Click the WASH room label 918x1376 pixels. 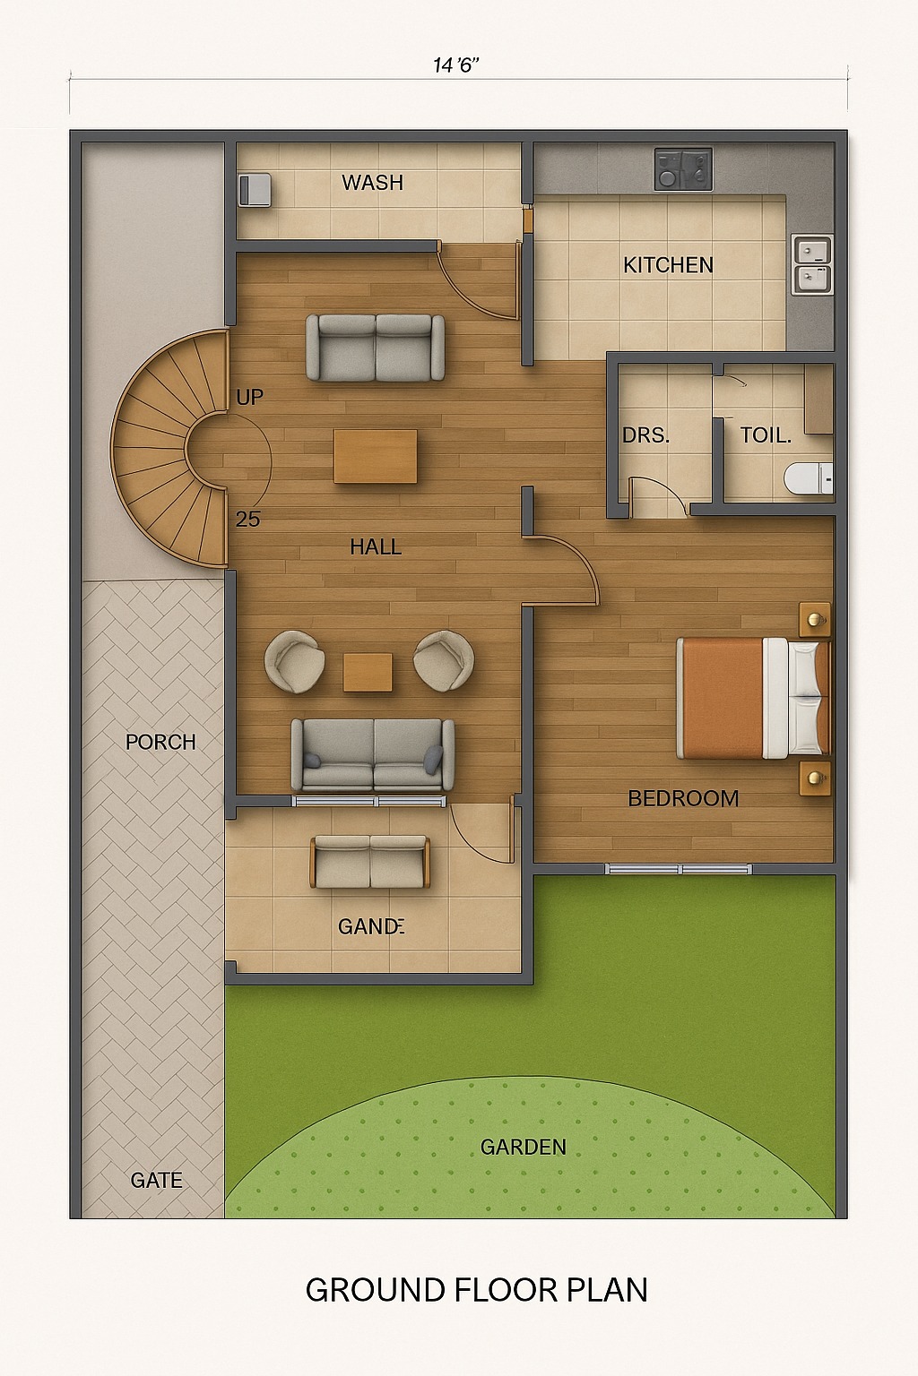[x=372, y=183]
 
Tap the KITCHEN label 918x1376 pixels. [x=668, y=265]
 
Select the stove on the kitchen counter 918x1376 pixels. [x=683, y=169]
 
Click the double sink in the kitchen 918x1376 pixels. [x=812, y=264]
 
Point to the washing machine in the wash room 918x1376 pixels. [x=255, y=191]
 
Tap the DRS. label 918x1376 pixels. [x=645, y=436]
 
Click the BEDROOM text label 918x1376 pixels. [x=683, y=798]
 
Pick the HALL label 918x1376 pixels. [x=376, y=546]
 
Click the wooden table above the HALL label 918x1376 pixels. [x=376, y=456]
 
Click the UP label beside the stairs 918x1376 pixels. [x=249, y=397]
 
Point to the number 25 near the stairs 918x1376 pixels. [x=248, y=519]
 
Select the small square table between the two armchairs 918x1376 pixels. [x=368, y=672]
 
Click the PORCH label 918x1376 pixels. [x=160, y=742]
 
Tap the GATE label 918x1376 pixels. [x=156, y=1181]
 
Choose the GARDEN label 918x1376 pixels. [x=523, y=1147]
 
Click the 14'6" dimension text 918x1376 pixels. [x=456, y=65]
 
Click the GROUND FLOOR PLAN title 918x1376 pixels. [x=476, y=1290]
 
